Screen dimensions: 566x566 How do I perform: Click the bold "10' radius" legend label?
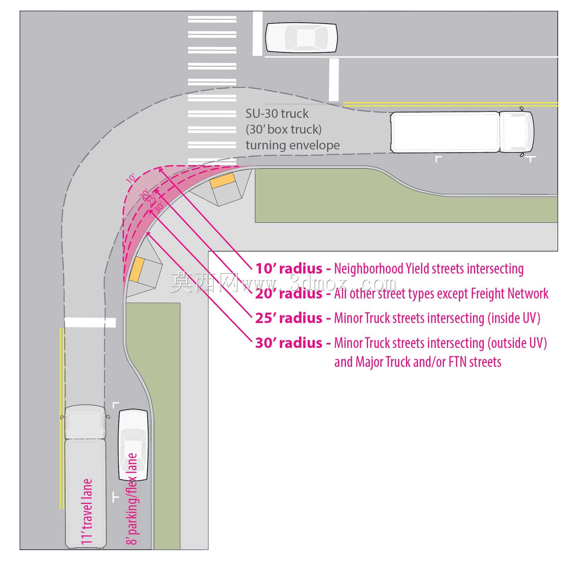tap(289, 269)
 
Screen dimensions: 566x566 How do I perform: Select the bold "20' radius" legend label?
tap(289, 294)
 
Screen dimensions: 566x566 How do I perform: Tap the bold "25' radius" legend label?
tap(289, 318)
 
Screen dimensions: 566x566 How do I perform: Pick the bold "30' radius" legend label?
tap(289, 343)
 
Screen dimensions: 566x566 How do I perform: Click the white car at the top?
tap(301, 38)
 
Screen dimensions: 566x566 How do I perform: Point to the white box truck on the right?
tap(462, 132)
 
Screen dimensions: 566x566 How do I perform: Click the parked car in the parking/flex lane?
tap(133, 445)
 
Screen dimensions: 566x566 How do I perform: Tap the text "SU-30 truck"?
tap(277, 114)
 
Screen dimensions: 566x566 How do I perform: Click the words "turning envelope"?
tap(293, 145)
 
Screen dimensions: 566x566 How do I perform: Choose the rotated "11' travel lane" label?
tap(87, 511)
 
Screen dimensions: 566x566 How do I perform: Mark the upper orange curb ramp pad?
tap(223, 181)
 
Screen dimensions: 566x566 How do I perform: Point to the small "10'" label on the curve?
tap(131, 178)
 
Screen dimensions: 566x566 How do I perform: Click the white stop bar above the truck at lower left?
tap(90, 323)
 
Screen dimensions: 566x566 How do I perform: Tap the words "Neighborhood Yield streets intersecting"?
tap(429, 269)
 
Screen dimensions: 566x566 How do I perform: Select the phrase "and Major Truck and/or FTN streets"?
tap(418, 362)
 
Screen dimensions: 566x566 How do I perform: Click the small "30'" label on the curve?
tap(159, 207)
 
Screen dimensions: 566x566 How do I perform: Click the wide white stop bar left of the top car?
tap(257, 34)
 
